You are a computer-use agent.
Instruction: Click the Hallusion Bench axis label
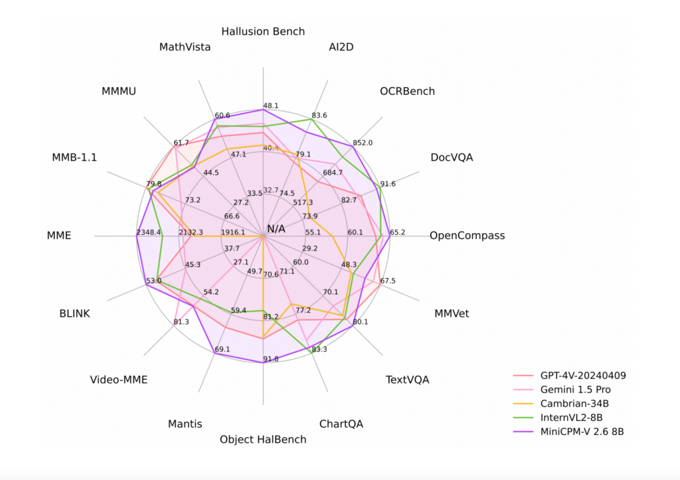pos(263,31)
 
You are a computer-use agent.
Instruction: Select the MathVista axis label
pos(185,47)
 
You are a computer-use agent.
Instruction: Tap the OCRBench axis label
pos(407,91)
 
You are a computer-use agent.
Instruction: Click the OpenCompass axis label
pos(467,236)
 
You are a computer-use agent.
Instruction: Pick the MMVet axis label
pos(452,313)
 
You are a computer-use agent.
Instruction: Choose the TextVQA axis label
pos(407,380)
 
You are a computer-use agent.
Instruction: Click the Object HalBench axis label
pos(263,440)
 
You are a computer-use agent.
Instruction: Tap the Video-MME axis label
pos(119,380)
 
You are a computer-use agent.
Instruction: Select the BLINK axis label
pos(74,313)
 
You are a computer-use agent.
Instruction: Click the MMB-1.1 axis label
pos(74,157)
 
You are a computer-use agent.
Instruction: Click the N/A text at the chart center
pos(276,229)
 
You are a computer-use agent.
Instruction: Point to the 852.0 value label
pos(363,143)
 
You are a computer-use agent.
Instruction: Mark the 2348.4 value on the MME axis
pos(149,232)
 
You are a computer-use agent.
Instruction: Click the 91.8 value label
pos(271,359)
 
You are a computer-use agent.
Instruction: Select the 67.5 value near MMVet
pos(388,281)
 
